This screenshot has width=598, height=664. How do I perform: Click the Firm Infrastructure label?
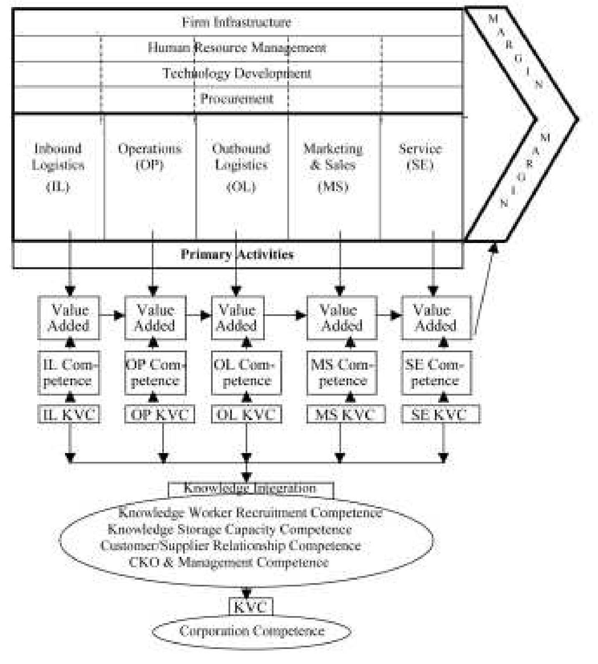[236, 22]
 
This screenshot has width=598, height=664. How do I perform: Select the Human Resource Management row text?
[236, 48]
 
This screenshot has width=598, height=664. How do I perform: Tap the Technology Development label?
[236, 74]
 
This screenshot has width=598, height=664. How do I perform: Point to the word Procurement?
[236, 99]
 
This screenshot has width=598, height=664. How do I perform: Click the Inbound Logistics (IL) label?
[58, 167]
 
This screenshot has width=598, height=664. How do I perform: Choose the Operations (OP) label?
[150, 156]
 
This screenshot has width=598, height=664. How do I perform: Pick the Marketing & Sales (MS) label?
[333, 167]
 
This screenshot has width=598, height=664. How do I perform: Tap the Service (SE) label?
[420, 156]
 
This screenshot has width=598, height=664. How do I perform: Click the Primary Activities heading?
[236, 255]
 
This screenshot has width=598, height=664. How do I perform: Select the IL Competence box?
[69, 373]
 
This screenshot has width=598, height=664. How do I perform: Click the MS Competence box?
[342, 373]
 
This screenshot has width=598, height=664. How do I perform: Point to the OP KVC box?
[160, 415]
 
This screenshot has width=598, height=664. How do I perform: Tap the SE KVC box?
[440, 415]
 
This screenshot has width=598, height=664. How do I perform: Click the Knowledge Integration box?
[250, 489]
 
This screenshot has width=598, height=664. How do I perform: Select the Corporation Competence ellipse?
[251, 631]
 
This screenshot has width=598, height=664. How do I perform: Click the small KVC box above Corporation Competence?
[251, 607]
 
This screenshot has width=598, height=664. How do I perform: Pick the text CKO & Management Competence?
[229, 562]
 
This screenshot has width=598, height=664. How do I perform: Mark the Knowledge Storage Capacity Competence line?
[229, 529]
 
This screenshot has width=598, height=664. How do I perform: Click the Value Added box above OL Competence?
[238, 318]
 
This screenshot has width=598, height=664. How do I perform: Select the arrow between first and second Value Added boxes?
[112, 315]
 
